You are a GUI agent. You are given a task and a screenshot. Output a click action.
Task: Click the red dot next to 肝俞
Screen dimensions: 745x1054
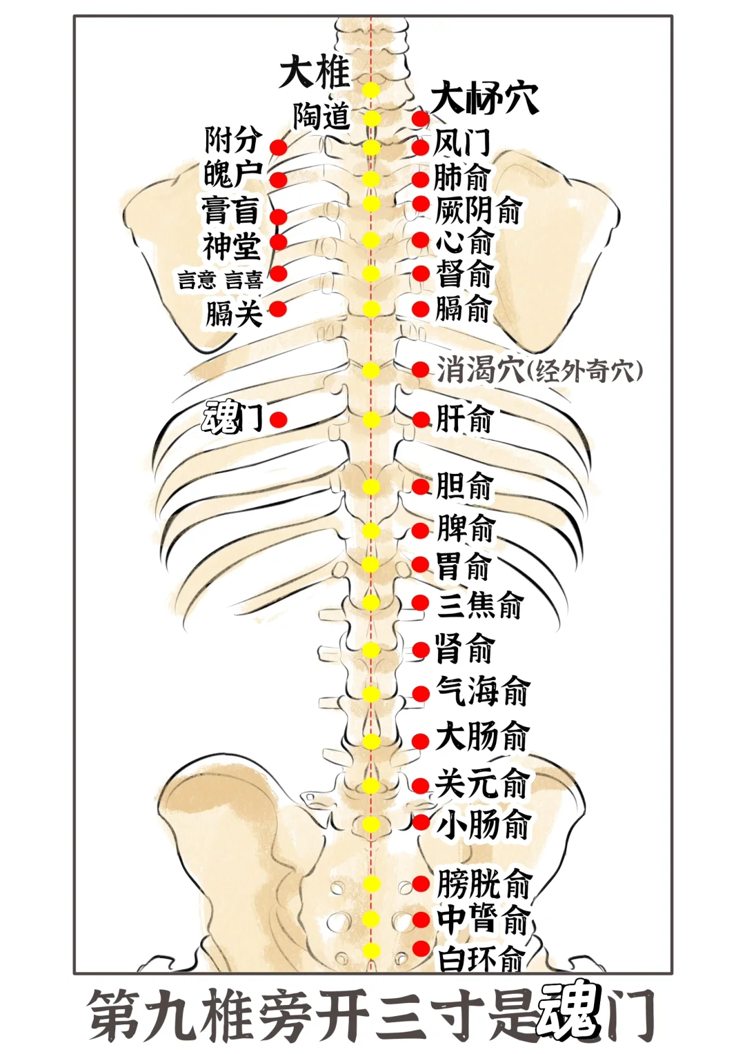[x=421, y=420]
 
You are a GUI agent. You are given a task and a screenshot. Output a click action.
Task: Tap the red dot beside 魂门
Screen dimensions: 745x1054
[x=278, y=419]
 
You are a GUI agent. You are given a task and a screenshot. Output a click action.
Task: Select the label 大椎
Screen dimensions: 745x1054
[x=315, y=72]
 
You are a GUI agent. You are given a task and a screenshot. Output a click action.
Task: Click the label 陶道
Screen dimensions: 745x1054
[x=321, y=116]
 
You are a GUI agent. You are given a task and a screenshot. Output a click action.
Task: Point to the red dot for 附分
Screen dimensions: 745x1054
[x=278, y=148]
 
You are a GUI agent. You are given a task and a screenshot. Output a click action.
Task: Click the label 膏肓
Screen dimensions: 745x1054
[x=230, y=210]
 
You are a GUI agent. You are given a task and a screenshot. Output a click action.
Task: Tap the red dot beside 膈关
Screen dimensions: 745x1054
[x=278, y=308]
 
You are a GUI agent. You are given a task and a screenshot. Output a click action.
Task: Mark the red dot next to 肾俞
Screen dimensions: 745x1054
[x=421, y=649]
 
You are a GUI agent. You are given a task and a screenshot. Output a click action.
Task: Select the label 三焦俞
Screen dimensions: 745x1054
[x=480, y=605]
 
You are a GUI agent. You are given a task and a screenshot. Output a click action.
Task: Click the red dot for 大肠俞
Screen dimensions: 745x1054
[x=421, y=741]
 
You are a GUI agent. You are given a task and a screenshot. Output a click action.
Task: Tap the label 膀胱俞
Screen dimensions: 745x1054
[x=484, y=884]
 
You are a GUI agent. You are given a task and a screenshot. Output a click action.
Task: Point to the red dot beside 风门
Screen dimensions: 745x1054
[x=421, y=147]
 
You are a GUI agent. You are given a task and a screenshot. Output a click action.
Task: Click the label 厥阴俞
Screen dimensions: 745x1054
[x=478, y=209]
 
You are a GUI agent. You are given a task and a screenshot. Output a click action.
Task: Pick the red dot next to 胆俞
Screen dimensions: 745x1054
[x=421, y=486]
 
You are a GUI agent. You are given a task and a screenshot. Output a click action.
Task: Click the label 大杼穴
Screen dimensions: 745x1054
[x=484, y=98]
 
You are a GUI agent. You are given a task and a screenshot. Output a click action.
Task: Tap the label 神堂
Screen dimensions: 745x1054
[x=231, y=246]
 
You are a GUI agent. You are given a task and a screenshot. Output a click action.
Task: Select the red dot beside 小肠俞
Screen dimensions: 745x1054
[x=421, y=822]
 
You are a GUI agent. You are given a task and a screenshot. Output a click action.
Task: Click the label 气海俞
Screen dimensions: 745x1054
[x=483, y=690]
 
